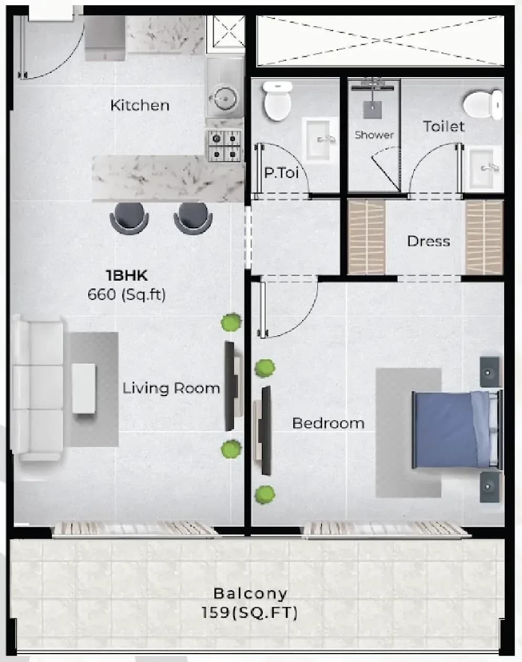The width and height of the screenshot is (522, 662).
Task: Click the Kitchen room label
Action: click(140, 105)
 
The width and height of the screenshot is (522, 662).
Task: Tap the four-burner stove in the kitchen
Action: click(225, 146)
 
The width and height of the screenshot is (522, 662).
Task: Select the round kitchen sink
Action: click(225, 99)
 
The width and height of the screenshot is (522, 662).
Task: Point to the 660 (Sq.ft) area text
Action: click(126, 295)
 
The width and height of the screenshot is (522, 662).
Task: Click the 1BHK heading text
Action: click(127, 275)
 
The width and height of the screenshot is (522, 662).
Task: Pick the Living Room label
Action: click(171, 388)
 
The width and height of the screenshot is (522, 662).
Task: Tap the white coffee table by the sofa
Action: click(84, 389)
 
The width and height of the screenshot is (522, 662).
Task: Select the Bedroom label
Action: click(328, 423)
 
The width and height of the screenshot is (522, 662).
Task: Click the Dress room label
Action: click(429, 241)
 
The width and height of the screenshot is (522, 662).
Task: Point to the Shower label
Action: click(374, 135)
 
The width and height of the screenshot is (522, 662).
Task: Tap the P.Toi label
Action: click(281, 173)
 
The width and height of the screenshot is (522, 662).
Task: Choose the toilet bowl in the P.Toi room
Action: click(278, 101)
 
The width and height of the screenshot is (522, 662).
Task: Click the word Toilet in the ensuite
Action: click(443, 126)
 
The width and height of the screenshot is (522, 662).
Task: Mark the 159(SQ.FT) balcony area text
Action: click(250, 613)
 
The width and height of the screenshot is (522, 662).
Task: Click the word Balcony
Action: click(250, 593)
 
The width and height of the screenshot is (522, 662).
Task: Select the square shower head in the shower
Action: click(372, 110)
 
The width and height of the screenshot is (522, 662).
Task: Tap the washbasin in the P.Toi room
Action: click(318, 139)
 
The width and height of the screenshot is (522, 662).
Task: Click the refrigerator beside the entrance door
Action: click(105, 38)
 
